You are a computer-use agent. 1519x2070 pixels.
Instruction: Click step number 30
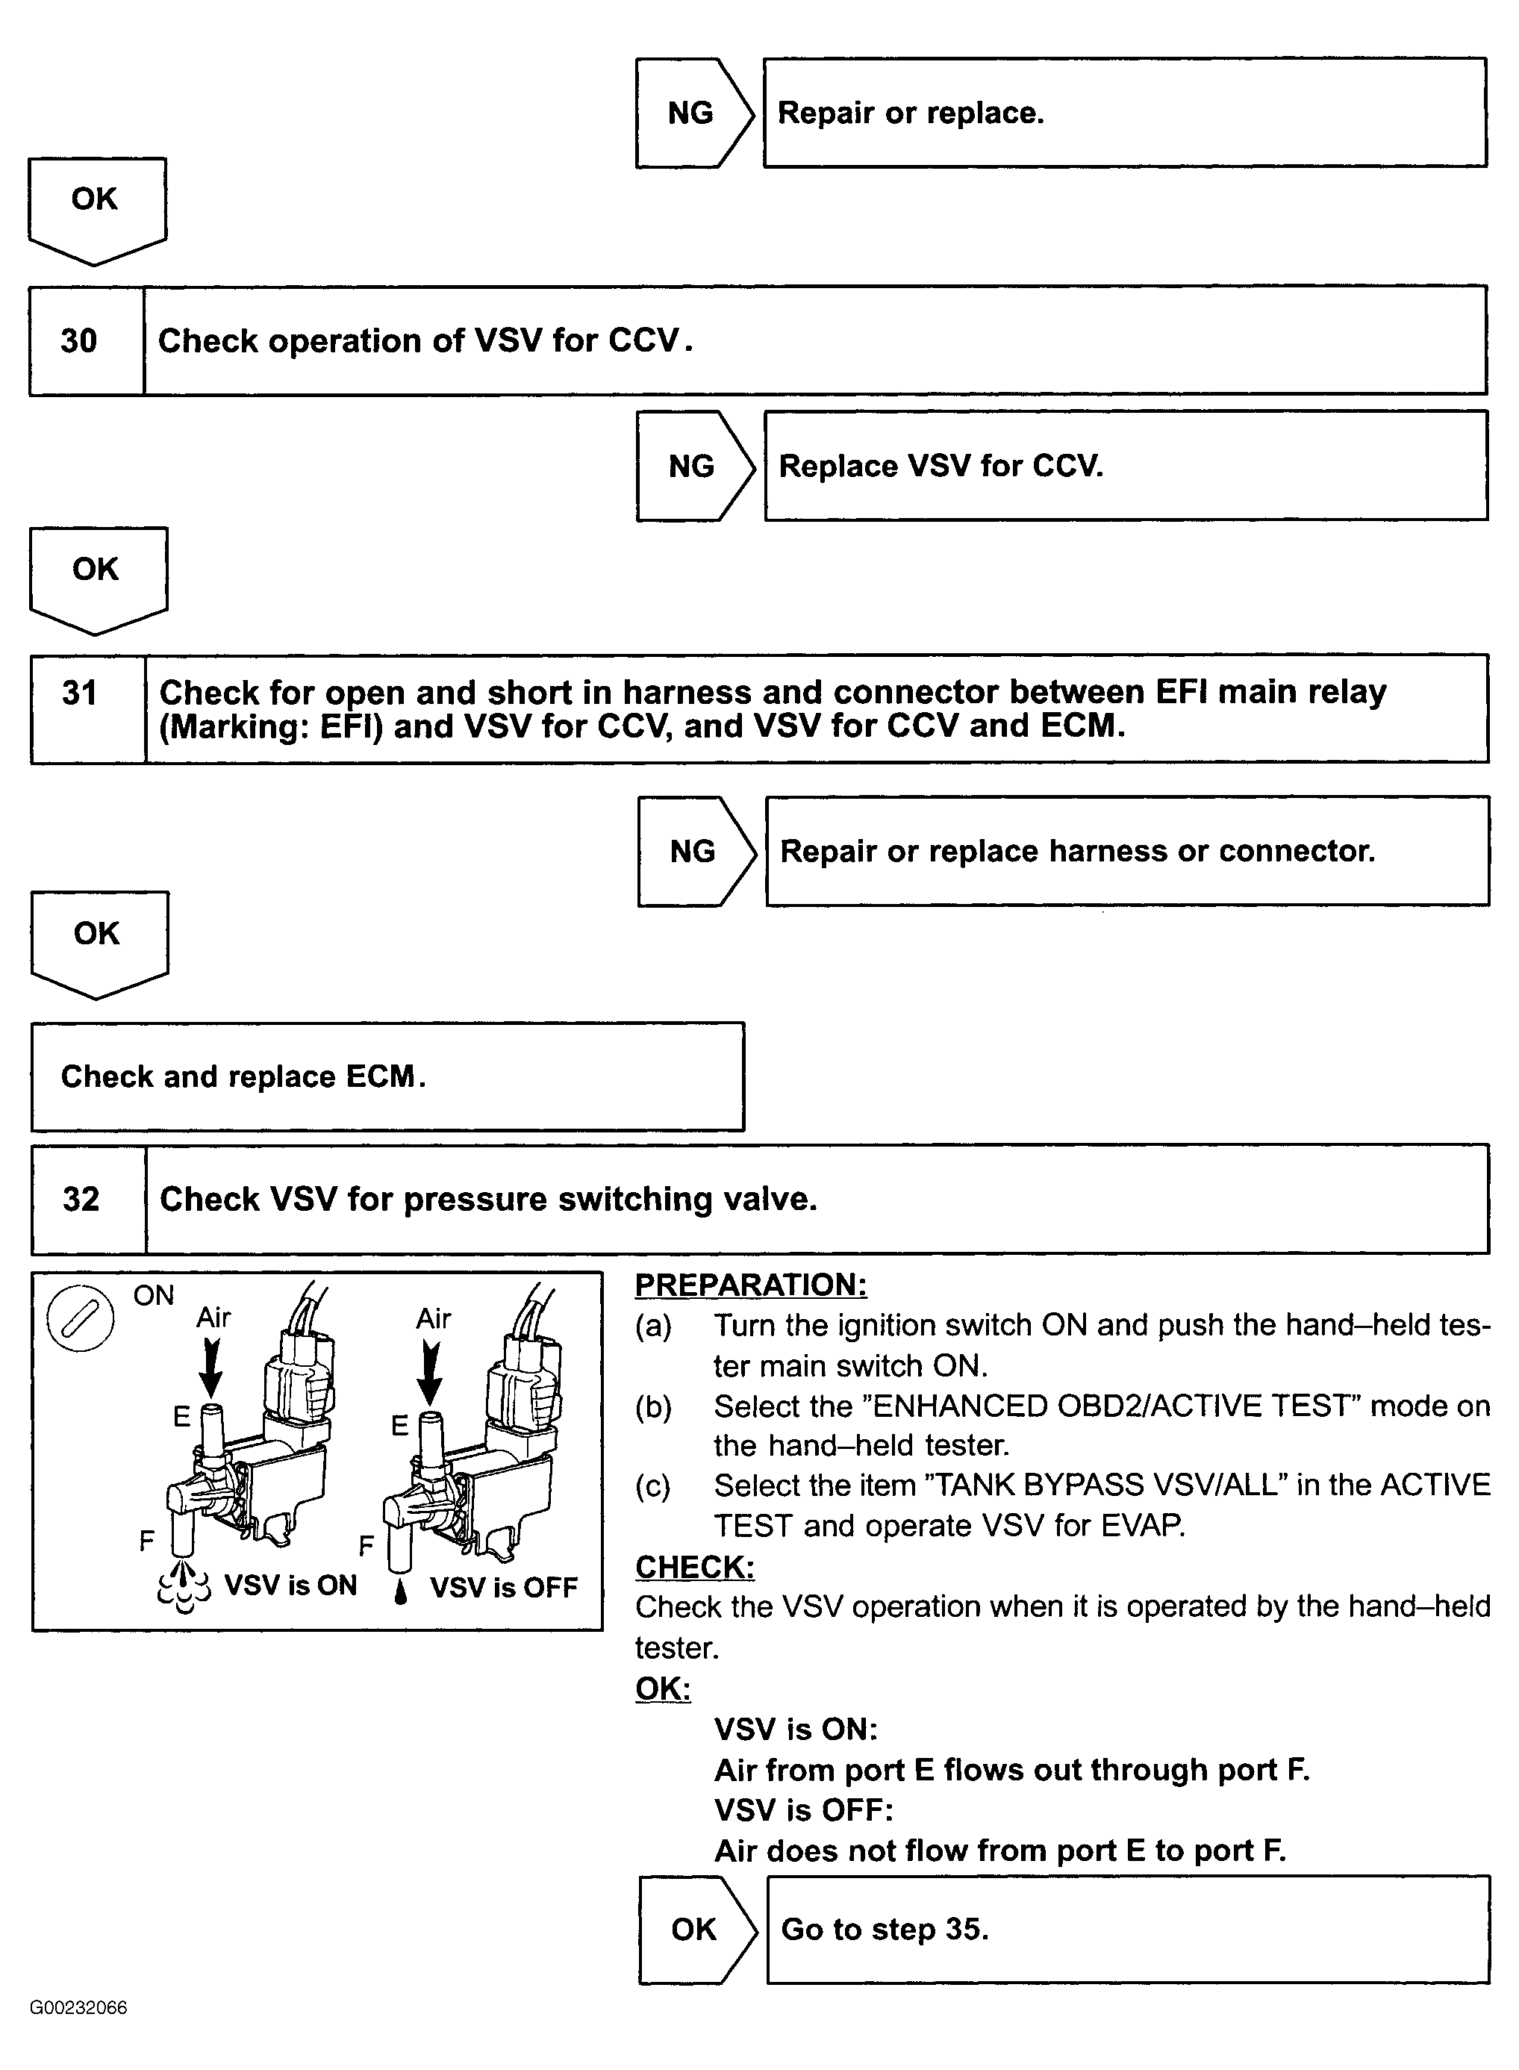(x=79, y=341)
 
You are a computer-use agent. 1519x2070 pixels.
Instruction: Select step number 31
(x=79, y=693)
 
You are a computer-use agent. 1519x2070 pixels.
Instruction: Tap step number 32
(x=81, y=1199)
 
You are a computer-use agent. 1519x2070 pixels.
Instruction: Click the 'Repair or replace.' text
(x=911, y=113)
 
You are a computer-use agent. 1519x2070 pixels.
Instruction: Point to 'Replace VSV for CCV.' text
(x=941, y=467)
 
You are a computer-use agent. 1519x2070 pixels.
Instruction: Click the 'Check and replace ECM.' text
(x=243, y=1077)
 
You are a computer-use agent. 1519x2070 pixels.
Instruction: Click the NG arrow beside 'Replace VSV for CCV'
(x=693, y=467)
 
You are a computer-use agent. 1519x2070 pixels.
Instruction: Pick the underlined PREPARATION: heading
(x=750, y=1285)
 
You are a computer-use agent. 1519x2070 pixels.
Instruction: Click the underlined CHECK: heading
(x=694, y=1567)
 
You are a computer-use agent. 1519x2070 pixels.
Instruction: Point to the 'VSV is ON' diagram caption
(x=290, y=1586)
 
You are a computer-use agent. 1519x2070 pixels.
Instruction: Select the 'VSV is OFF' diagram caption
(x=504, y=1587)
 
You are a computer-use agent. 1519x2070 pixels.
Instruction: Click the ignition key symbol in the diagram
(x=80, y=1318)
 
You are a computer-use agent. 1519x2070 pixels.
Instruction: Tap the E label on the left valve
(x=182, y=1417)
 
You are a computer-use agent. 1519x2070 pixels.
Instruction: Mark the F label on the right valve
(x=366, y=1546)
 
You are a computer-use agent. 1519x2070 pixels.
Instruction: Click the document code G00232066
(x=78, y=2007)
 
